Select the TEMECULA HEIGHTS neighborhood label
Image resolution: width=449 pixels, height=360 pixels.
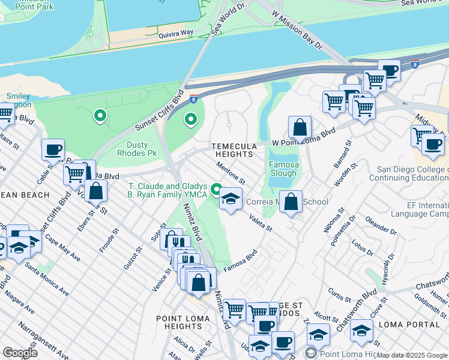pos(234,150)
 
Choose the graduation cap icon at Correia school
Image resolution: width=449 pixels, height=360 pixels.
pos(230,199)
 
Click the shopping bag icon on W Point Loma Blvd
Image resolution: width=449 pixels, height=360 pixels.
pos(300,128)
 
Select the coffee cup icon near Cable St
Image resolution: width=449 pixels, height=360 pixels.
pos(53,149)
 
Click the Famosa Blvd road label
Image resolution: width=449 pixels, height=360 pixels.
pos(241,261)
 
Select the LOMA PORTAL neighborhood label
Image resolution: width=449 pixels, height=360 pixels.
pos(414,324)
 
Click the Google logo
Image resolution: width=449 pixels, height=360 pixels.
pos(20,353)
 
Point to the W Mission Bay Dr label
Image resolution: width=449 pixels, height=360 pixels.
pos(297,36)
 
